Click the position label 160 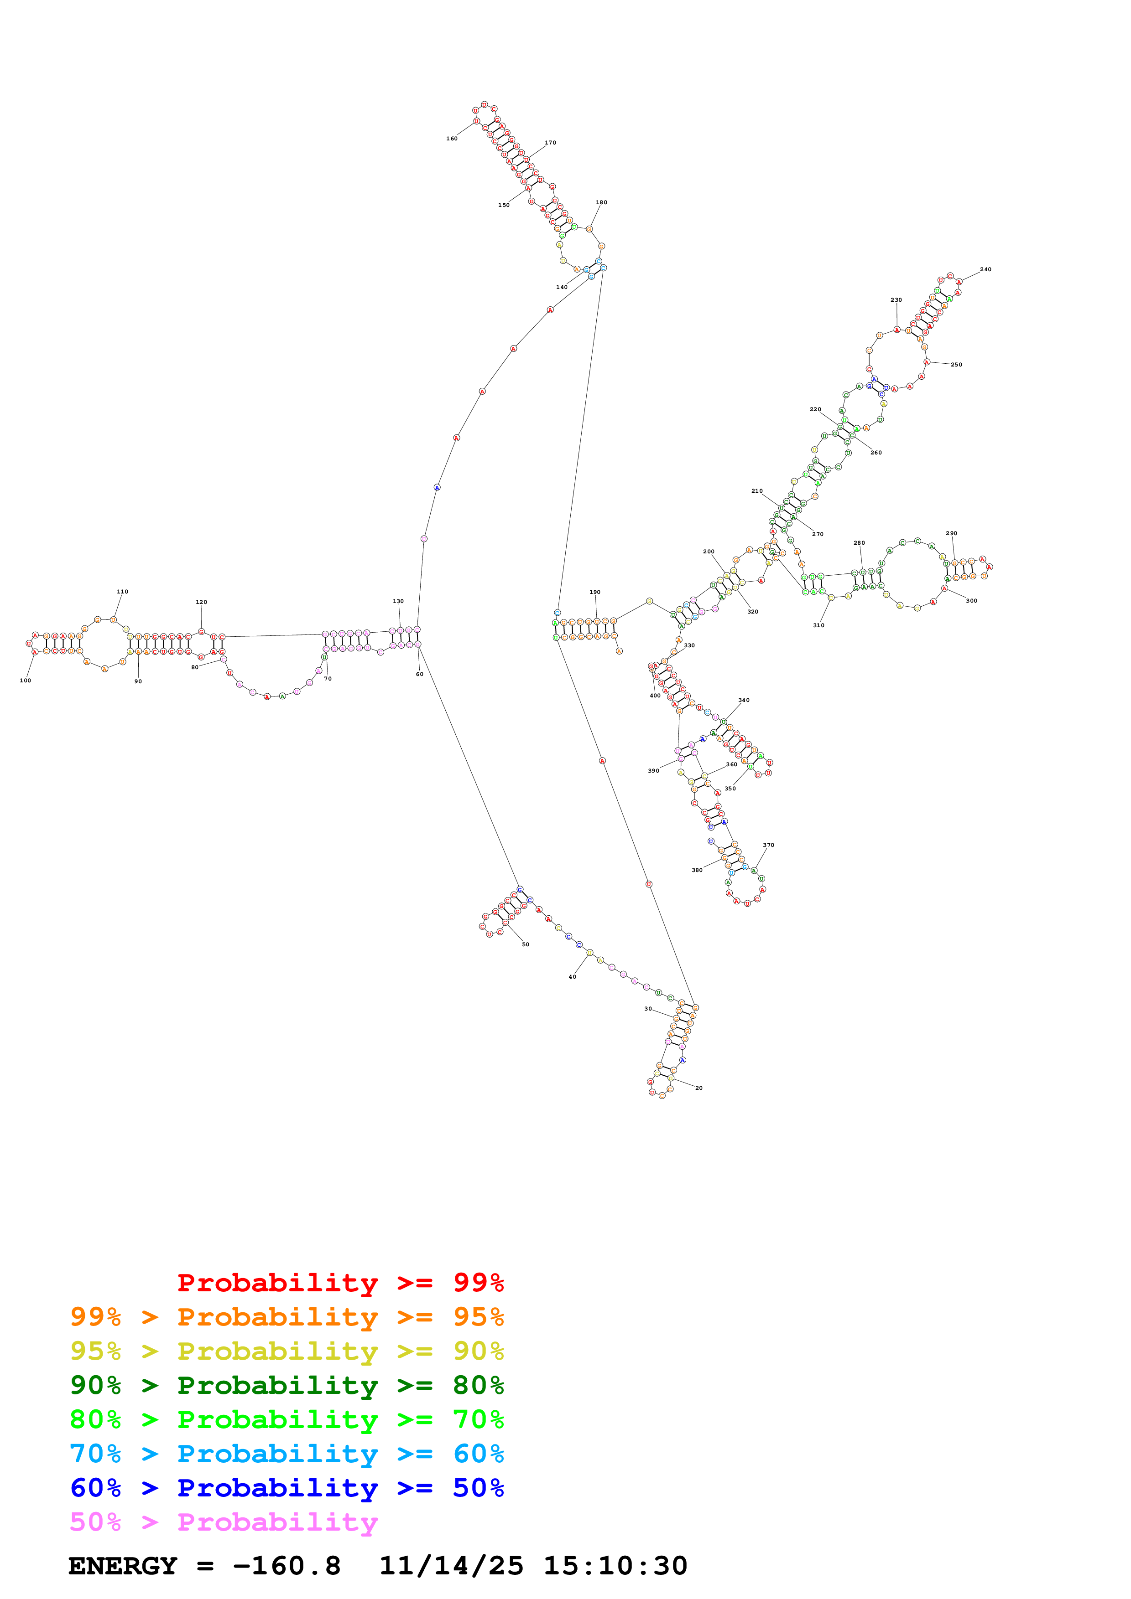click(452, 139)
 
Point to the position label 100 click(25, 681)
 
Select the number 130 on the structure click(398, 601)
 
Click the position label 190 click(594, 592)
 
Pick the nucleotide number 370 click(768, 845)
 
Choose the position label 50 click(526, 944)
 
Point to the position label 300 click(971, 600)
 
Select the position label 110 click(122, 591)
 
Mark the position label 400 click(655, 696)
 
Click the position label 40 click(572, 976)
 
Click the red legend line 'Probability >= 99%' click(340, 1282)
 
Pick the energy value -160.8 click(287, 1566)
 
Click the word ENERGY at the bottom click(123, 1566)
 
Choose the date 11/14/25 click(451, 1566)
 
